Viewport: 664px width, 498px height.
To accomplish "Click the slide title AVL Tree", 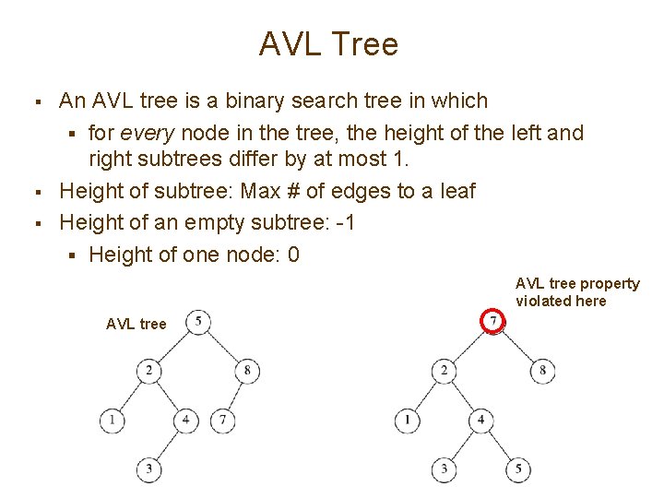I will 328,43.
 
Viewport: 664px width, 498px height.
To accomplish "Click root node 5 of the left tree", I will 198,322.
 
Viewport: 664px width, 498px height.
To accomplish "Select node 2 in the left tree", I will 148,371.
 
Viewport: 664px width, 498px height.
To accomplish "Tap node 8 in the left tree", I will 247,371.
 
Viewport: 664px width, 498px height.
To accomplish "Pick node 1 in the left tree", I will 113,421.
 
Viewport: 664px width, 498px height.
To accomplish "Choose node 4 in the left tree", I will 186,421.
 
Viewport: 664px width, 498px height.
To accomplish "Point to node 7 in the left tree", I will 223,421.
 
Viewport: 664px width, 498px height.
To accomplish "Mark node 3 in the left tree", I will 148,469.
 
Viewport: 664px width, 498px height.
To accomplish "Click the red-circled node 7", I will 494,322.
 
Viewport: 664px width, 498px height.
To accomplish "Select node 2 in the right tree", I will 445,371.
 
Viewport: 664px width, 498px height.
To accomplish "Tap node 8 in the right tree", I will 542,371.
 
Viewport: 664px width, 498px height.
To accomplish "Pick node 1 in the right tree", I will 408,421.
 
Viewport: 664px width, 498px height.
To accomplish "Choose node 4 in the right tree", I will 481,421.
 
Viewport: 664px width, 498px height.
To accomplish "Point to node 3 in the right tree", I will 445,469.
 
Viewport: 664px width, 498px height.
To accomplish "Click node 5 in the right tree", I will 518,469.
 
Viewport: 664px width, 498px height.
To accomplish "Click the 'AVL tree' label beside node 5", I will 136,324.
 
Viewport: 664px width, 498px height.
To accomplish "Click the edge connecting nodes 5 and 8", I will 223,347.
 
